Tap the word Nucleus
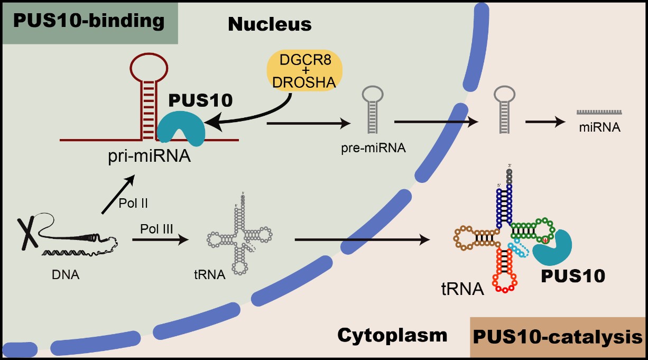pyautogui.click(x=270, y=24)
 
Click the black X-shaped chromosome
pyautogui.click(x=27, y=233)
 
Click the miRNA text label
pyautogui.click(x=599, y=127)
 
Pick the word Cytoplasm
pyautogui.click(x=392, y=335)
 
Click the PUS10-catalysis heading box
pyautogui.click(x=557, y=337)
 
